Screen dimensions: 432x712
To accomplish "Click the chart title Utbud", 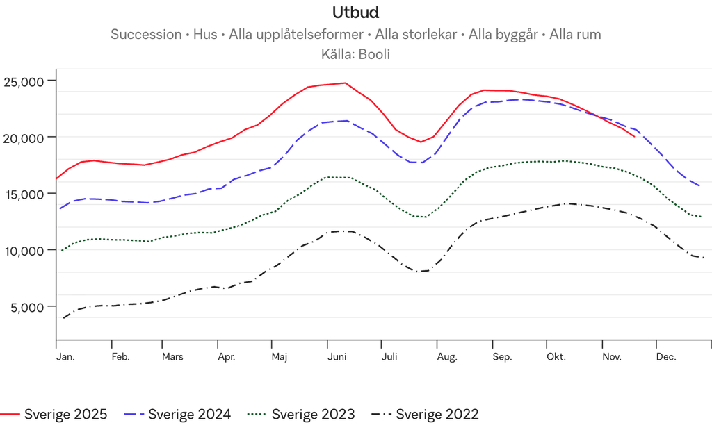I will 355,13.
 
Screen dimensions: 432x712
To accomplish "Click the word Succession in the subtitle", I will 145,35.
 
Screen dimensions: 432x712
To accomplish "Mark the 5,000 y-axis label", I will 29,307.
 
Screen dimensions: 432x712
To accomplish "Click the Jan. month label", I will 66,358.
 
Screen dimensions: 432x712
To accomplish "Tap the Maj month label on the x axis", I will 280,358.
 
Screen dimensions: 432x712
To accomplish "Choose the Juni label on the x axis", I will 337,358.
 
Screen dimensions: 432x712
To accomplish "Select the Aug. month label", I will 447,358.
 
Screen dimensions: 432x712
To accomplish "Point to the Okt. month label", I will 556,358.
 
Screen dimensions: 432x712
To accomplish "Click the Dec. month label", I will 666,358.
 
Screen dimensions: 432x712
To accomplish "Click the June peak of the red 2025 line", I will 343,82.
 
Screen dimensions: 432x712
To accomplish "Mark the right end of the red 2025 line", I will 634,137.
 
